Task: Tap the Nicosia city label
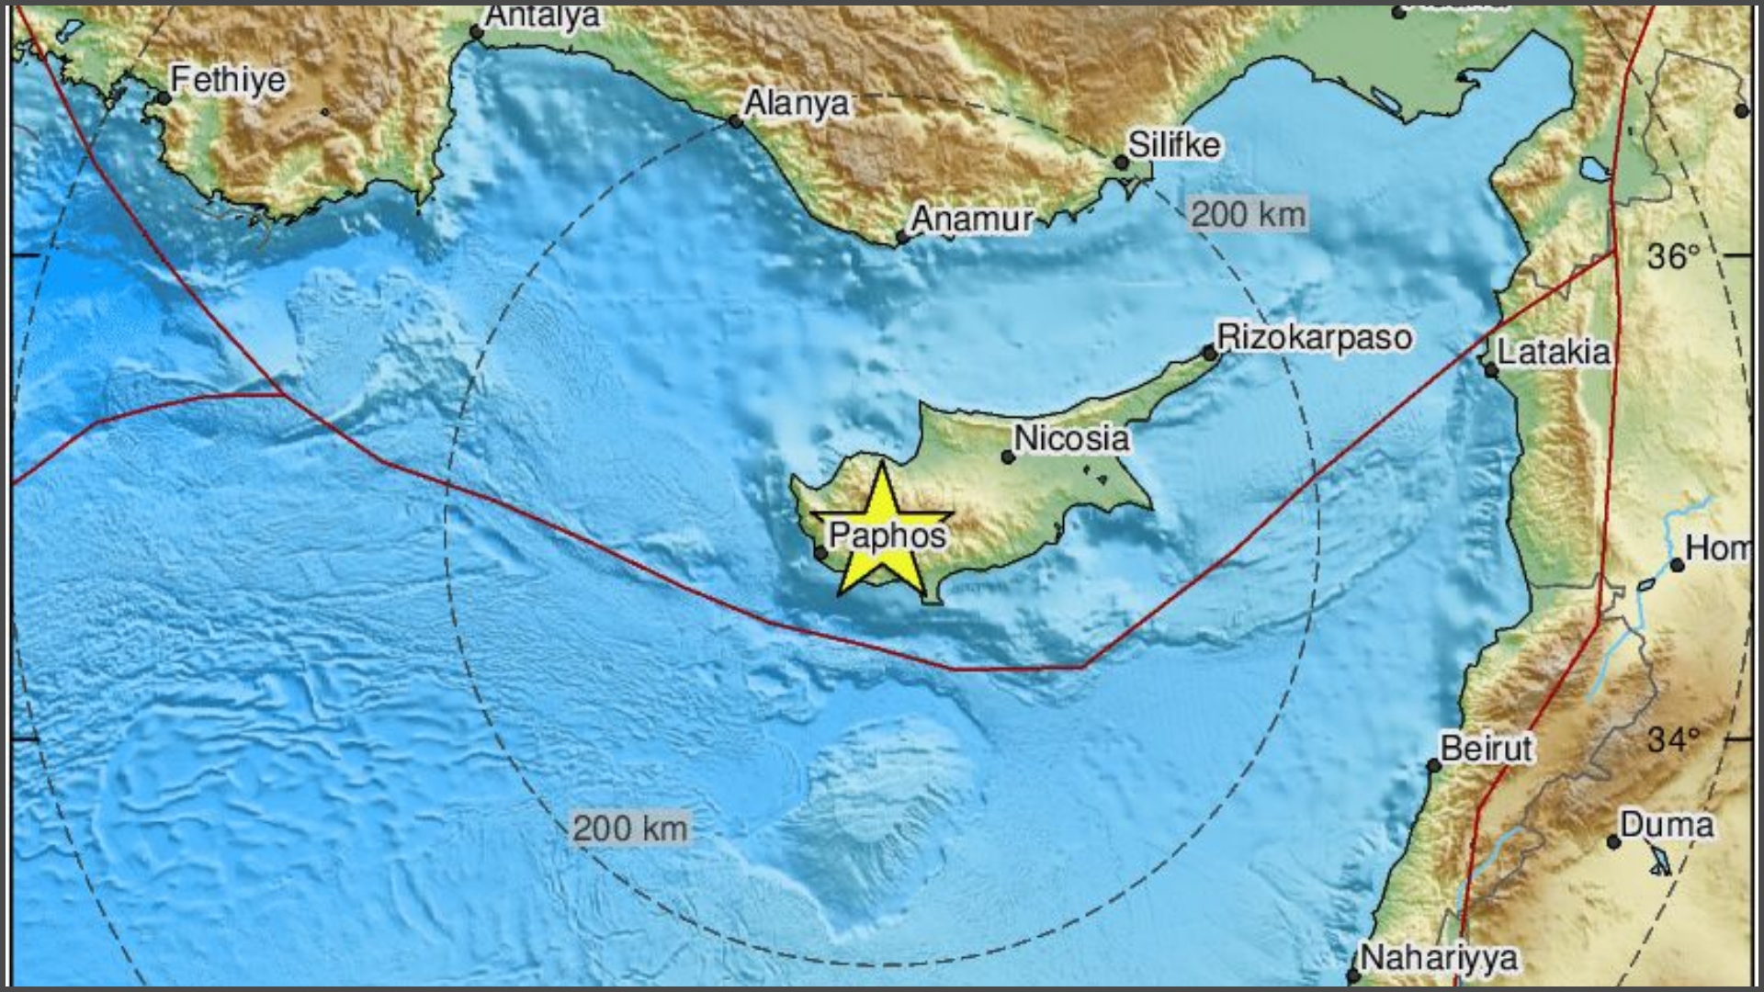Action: [x=1071, y=438]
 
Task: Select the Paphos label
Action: [x=888, y=535]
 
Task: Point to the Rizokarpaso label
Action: [x=1314, y=337]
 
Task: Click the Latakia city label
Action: [x=1554, y=352]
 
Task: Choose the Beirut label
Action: [x=1486, y=748]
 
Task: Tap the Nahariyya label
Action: [x=1438, y=958]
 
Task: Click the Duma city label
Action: [x=1666, y=824]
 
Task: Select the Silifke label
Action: [x=1174, y=144]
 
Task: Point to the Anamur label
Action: [x=972, y=220]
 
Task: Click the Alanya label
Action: [x=797, y=103]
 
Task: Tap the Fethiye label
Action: [x=228, y=80]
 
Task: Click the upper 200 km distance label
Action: [x=1248, y=215]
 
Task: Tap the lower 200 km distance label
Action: [x=629, y=829]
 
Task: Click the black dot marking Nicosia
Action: [x=1008, y=457]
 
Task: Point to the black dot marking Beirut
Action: [x=1433, y=766]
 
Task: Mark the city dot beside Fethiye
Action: [x=164, y=98]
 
